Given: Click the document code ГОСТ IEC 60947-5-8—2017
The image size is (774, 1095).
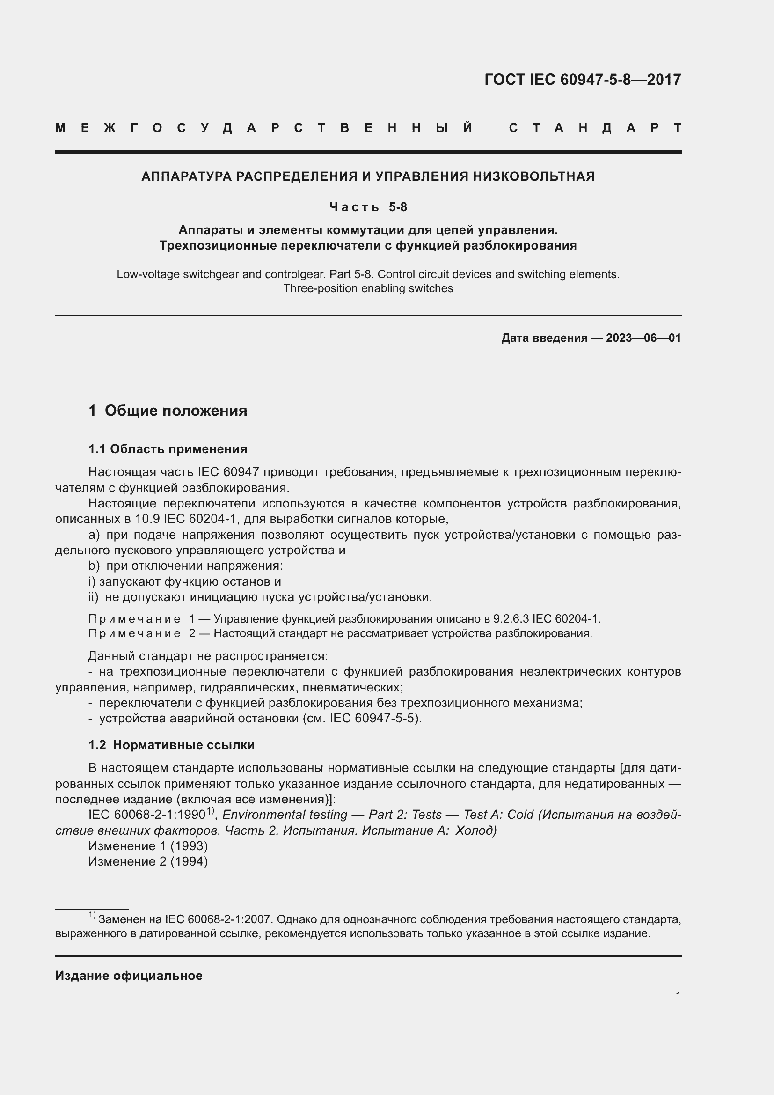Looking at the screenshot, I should pyautogui.click(x=583, y=80).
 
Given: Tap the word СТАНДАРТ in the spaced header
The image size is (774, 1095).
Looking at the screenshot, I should pyautogui.click(x=595, y=128).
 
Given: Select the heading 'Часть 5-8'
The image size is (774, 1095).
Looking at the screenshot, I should pyautogui.click(x=368, y=207).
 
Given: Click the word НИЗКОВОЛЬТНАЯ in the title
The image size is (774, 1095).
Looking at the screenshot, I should pyautogui.click(x=534, y=176).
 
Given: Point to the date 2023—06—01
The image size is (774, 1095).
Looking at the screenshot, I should pyautogui.click(x=643, y=338).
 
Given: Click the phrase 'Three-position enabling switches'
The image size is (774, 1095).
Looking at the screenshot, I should pyautogui.click(x=368, y=288).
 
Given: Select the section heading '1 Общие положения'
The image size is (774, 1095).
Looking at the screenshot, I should pyautogui.click(x=168, y=411).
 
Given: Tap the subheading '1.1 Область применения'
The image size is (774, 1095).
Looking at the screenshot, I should pyautogui.click(x=168, y=449).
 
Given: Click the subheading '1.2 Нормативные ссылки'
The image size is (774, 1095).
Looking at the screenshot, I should pyautogui.click(x=172, y=745).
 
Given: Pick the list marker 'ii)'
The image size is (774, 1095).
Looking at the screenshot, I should pyautogui.click(x=93, y=597).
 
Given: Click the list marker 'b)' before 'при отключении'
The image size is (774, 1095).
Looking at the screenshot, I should pyautogui.click(x=94, y=566).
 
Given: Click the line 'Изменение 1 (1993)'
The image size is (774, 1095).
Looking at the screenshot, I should pyautogui.click(x=148, y=846).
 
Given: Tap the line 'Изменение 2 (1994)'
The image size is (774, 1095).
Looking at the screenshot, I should pyautogui.click(x=148, y=862).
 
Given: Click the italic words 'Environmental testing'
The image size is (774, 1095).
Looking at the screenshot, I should pyautogui.click(x=285, y=815).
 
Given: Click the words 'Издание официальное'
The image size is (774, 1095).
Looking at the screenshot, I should pyautogui.click(x=129, y=976).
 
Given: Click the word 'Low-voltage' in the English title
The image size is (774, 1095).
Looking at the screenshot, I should pyautogui.click(x=148, y=275).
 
